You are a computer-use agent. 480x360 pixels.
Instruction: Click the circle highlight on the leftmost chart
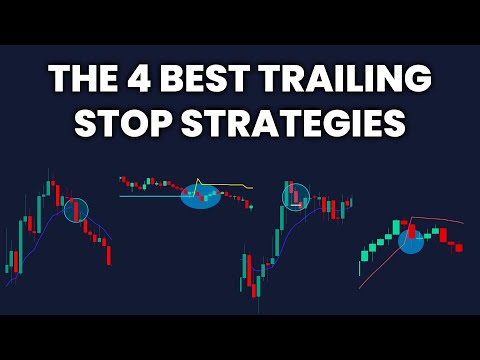click(x=76, y=210)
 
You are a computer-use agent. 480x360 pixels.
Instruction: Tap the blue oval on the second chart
click(x=200, y=196)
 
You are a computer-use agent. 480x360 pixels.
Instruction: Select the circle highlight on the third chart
click(x=297, y=197)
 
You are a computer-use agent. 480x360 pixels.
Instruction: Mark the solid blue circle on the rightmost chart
click(x=412, y=240)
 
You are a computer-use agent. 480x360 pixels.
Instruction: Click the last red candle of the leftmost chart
click(x=109, y=254)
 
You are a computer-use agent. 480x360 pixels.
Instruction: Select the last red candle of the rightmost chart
click(x=458, y=247)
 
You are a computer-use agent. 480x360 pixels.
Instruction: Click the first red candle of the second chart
click(x=123, y=180)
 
